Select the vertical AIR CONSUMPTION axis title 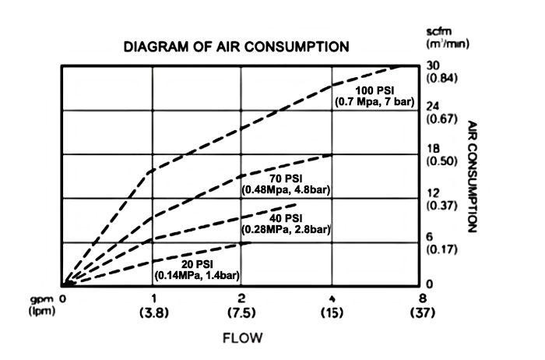473,177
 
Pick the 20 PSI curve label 198,264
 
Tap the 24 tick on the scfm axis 435,106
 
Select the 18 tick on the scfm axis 435,148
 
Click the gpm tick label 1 153,299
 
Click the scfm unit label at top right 437,31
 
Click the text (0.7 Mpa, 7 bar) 376,101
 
